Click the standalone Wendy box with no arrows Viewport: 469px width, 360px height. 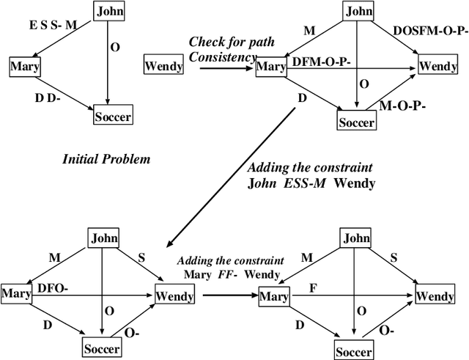tap(164, 67)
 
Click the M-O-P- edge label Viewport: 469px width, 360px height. tap(403, 106)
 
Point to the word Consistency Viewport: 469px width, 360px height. tap(219, 56)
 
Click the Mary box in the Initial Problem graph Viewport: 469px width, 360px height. tap(24, 67)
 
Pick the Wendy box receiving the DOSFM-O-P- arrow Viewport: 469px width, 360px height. tap(437, 67)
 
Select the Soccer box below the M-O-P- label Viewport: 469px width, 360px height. tap(358, 120)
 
